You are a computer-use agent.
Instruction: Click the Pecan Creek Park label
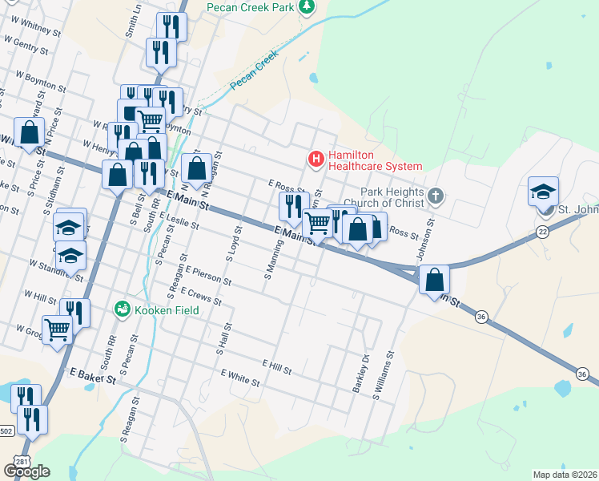[251, 6]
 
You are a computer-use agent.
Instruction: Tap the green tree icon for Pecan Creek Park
[306, 6]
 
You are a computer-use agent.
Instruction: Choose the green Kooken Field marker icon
[123, 307]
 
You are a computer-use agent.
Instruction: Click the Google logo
[26, 471]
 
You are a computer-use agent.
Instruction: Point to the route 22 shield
[542, 231]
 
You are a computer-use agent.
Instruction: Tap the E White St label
[239, 378]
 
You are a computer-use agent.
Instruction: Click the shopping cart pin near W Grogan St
[57, 328]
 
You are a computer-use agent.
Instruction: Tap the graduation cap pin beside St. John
[543, 192]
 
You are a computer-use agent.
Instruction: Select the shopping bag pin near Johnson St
[434, 280]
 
